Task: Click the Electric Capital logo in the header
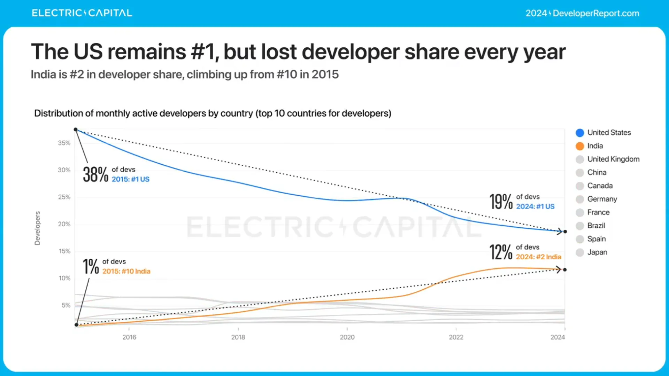point(82,13)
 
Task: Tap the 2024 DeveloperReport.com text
point(582,13)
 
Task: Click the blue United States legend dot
point(580,133)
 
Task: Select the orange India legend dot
point(580,146)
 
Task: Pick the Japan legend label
point(597,252)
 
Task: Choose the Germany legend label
point(602,199)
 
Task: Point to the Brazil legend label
point(596,226)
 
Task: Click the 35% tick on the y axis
point(64,143)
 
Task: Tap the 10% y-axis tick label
point(64,278)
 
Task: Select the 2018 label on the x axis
point(238,337)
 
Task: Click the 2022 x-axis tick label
point(456,337)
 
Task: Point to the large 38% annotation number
point(95,174)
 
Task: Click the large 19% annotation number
point(501,202)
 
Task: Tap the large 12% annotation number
point(501,252)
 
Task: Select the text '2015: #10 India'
point(126,271)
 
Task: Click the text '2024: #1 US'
point(535,206)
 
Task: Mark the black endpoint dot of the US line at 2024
point(565,232)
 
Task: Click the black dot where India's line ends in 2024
point(565,270)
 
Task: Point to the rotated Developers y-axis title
point(37,228)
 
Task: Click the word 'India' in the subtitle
point(43,75)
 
